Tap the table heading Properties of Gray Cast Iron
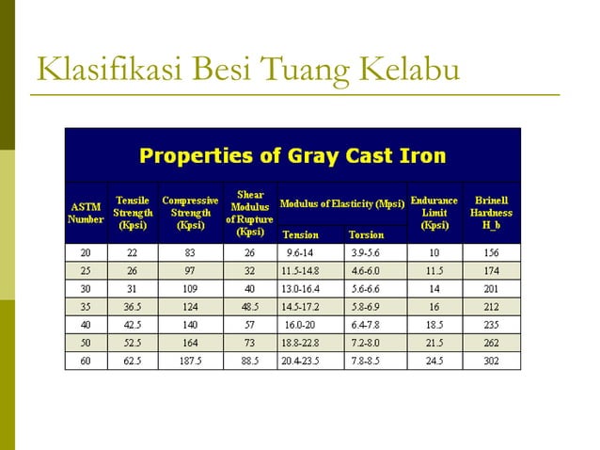[292, 155]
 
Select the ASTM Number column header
[86, 213]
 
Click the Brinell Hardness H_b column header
[492, 213]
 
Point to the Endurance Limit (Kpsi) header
[434, 213]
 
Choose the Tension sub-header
[301, 234]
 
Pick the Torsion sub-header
[366, 234]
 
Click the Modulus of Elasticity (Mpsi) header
[342, 202]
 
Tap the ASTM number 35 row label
[86, 307]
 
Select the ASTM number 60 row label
[86, 361]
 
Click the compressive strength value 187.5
[191, 361]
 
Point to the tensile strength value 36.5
[133, 307]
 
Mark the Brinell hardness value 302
[492, 361]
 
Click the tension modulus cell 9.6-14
[301, 253]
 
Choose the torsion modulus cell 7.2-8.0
[366, 343]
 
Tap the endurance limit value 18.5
[434, 325]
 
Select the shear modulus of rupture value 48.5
[250, 307]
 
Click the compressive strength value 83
[191, 253]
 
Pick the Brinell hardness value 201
[492, 289]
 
